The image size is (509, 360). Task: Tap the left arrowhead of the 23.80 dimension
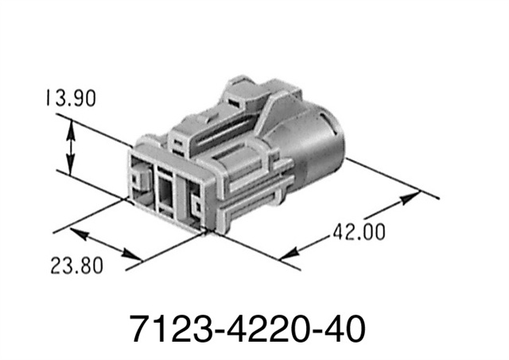tap(77, 233)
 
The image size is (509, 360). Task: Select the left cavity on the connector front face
tap(141, 179)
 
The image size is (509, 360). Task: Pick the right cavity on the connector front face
tap(193, 201)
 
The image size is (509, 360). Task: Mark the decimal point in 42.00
tap(356, 238)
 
